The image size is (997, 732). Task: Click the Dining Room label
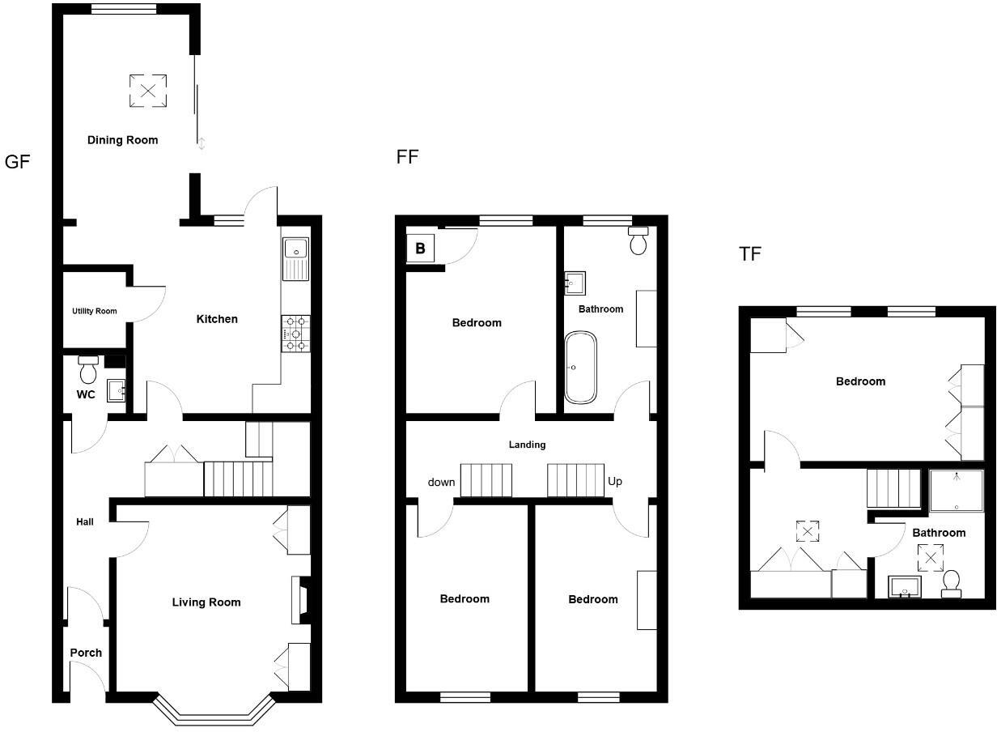(122, 140)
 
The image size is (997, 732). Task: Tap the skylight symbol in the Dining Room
(147, 91)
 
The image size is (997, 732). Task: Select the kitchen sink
(296, 258)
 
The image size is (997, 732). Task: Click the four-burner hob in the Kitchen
(296, 334)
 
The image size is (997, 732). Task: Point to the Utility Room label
(95, 311)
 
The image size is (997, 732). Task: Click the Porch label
(86, 653)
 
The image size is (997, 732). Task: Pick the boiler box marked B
(420, 249)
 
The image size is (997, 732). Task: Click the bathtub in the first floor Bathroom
(580, 367)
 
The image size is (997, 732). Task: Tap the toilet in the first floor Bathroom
(639, 240)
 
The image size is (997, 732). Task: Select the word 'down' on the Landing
(441, 483)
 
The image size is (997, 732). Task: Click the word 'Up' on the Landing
(615, 481)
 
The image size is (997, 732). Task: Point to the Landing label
(527, 445)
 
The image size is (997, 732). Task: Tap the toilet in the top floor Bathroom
(952, 583)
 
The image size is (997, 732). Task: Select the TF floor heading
(750, 254)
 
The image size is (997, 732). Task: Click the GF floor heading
(17, 162)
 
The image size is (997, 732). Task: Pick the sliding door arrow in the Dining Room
(202, 144)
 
